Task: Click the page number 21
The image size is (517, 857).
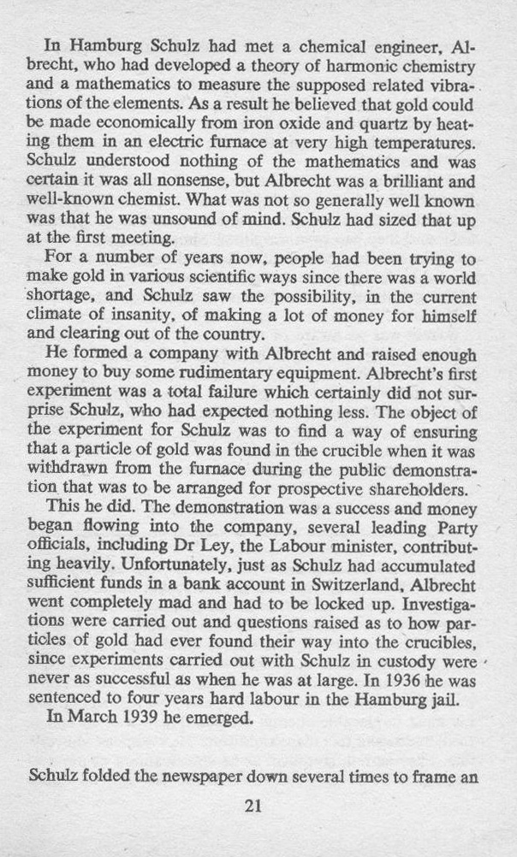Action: (252, 806)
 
